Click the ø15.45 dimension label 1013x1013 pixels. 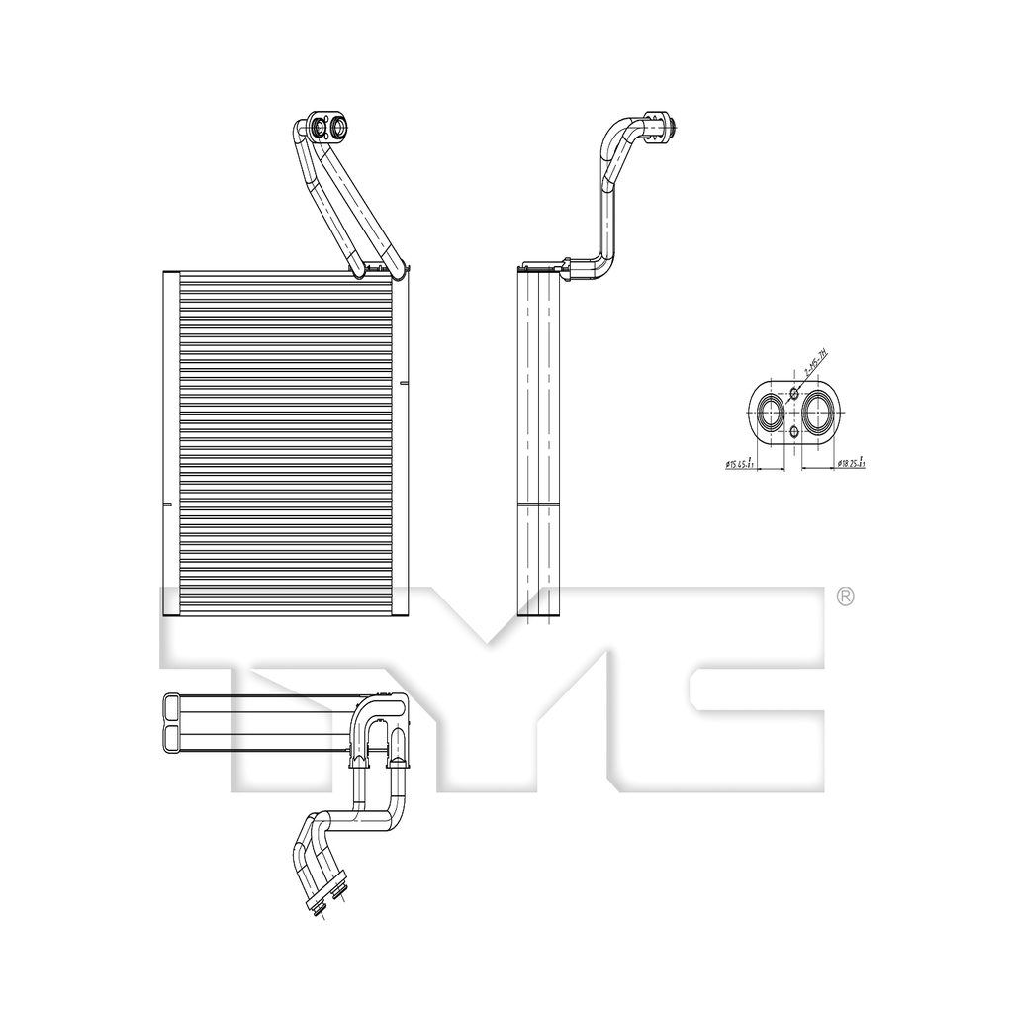[x=740, y=463]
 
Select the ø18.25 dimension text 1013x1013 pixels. [x=852, y=463]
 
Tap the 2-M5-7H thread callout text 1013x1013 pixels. [x=815, y=367]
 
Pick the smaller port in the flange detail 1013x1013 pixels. [x=769, y=413]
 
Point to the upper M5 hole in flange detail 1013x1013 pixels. [x=793, y=393]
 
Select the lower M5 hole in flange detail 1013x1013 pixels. [x=793, y=433]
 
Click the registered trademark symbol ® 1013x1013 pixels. [x=845, y=596]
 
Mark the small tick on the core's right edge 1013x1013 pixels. [x=404, y=382]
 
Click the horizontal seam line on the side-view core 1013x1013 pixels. [x=538, y=506]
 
